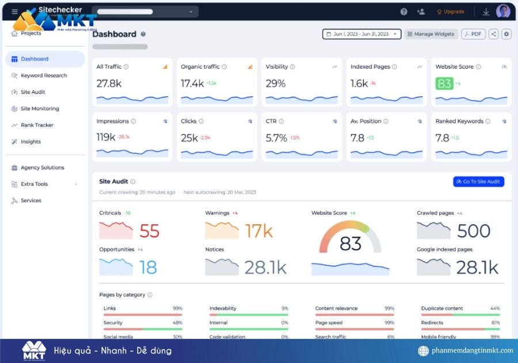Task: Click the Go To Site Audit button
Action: click(x=478, y=181)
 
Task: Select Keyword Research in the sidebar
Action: click(x=44, y=75)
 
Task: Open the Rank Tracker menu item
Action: click(x=37, y=125)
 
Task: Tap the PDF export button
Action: click(x=473, y=34)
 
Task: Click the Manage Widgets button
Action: click(x=431, y=34)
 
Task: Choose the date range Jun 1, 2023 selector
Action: click(x=361, y=34)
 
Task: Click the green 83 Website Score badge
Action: click(x=444, y=84)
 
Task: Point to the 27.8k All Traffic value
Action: click(x=109, y=84)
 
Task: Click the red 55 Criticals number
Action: click(x=149, y=231)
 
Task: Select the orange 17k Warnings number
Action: click(x=258, y=231)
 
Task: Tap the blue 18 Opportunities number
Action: click(x=148, y=267)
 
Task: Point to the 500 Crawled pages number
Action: click(x=474, y=231)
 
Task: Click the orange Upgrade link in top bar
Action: click(x=451, y=12)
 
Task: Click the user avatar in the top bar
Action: click(x=503, y=12)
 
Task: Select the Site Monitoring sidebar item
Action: click(x=40, y=108)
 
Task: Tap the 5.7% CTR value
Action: click(x=276, y=138)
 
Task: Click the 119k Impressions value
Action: click(x=106, y=138)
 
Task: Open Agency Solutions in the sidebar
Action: click(x=42, y=168)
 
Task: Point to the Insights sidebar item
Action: click(x=31, y=142)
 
